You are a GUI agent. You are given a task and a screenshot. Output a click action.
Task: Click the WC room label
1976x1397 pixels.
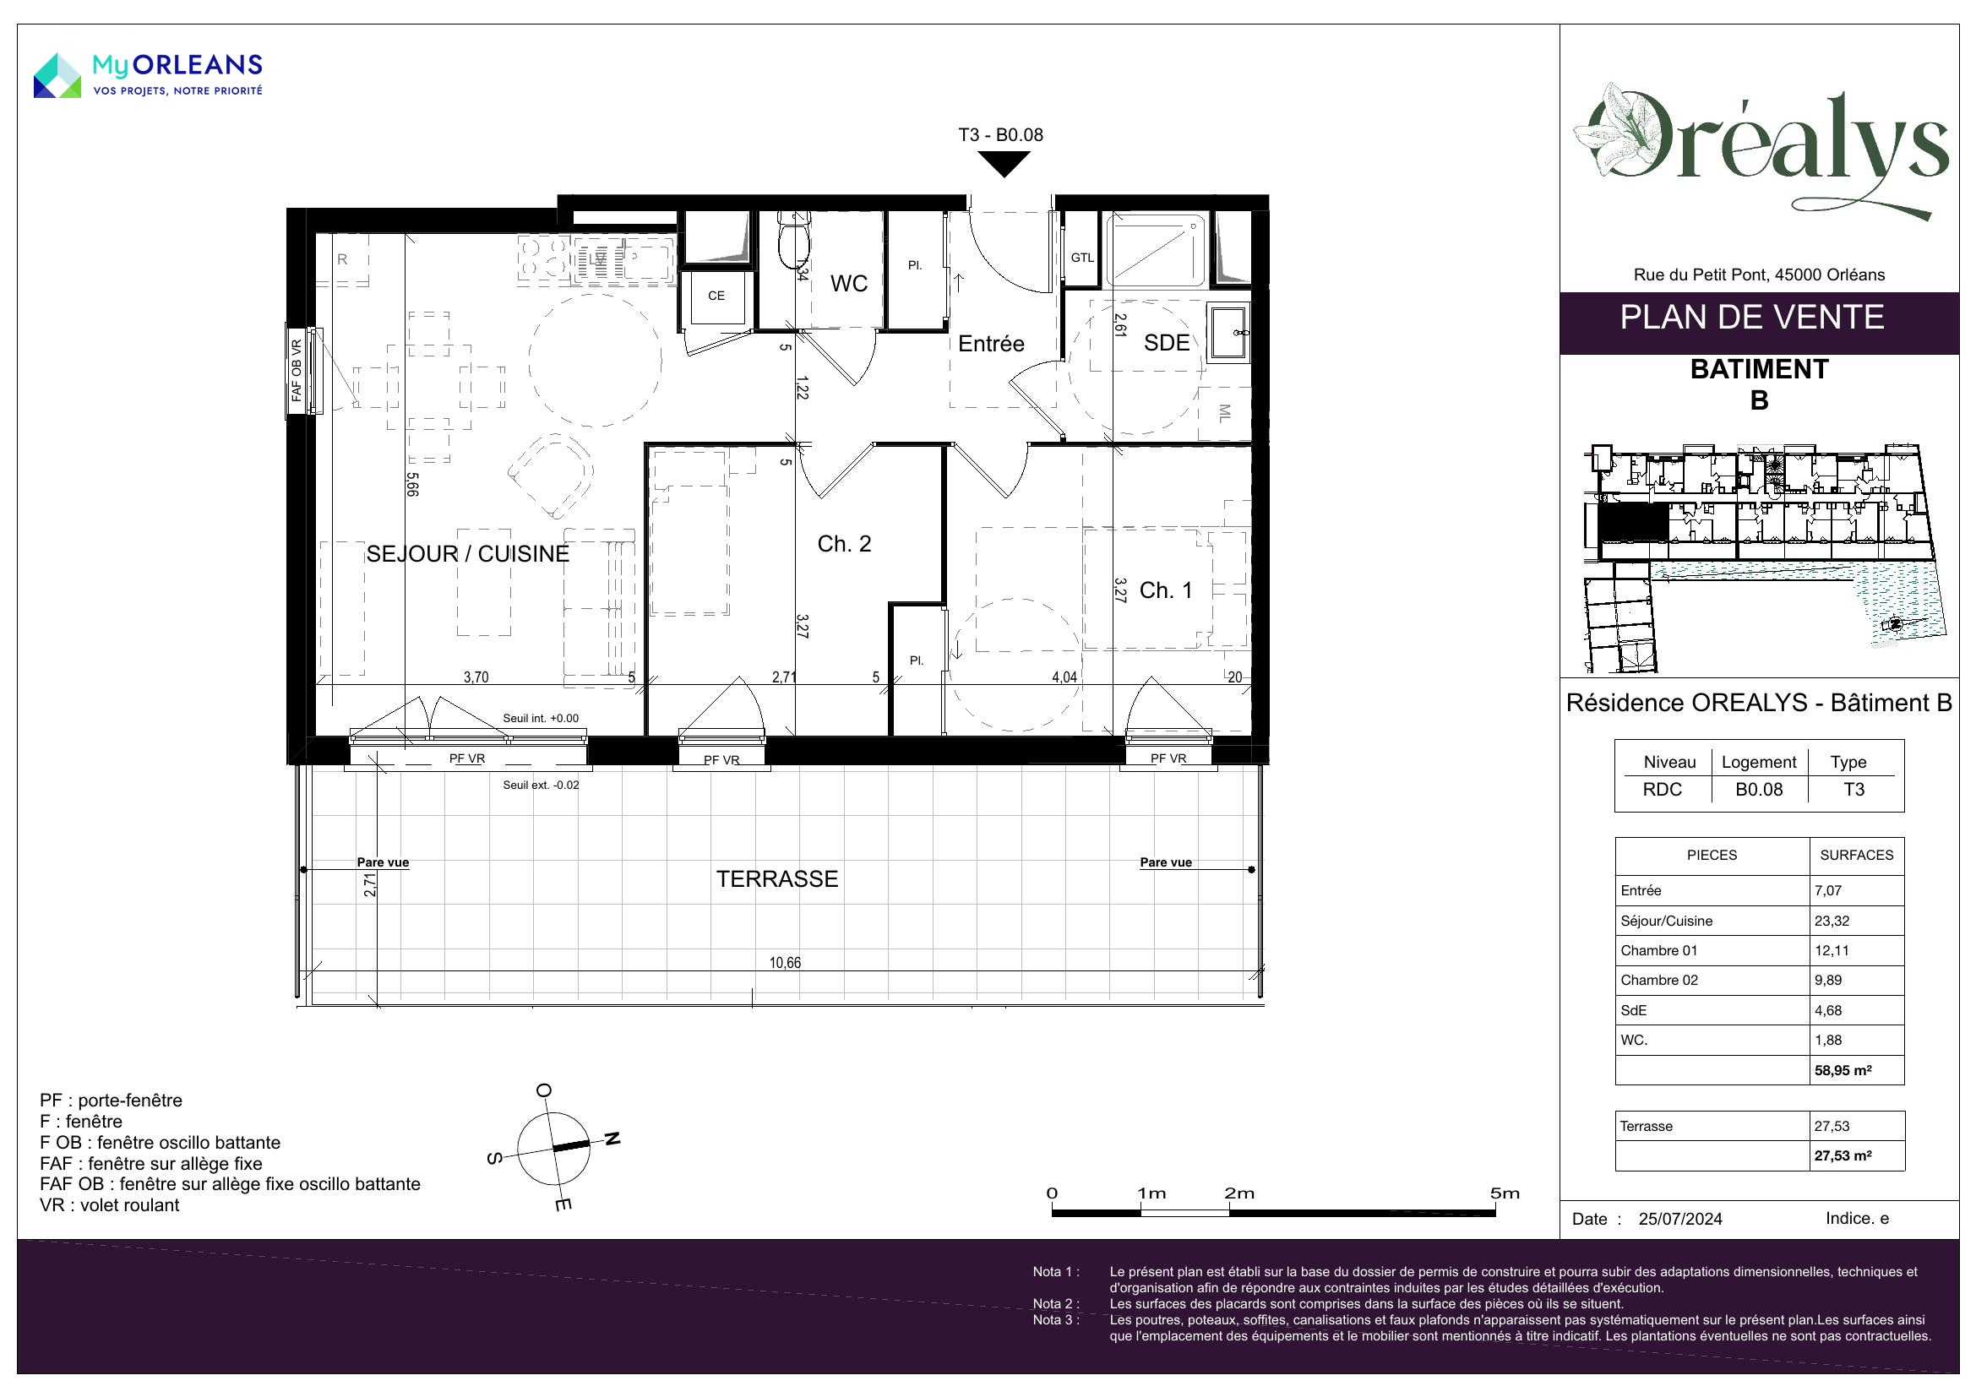[x=848, y=284]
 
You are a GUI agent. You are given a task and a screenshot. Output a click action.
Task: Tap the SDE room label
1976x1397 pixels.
[x=1166, y=343]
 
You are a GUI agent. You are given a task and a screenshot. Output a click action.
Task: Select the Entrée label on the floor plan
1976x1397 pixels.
[x=992, y=344]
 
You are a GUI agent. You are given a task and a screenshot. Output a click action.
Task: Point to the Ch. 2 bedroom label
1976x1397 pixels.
[x=844, y=544]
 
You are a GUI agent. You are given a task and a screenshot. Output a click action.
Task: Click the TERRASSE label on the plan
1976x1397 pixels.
[x=777, y=879]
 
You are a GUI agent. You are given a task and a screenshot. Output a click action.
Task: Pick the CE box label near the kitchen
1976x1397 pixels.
[x=716, y=296]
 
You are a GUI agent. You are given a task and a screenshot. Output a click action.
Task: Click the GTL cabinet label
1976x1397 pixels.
[x=1082, y=258]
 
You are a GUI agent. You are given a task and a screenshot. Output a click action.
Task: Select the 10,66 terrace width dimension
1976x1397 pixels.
[x=785, y=963]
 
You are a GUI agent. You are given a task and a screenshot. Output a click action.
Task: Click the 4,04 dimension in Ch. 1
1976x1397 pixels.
[x=1064, y=678]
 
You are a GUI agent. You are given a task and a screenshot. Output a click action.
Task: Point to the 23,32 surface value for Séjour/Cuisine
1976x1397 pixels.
[x=1832, y=921]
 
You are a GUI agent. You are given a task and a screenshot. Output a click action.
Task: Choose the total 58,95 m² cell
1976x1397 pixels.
[x=1843, y=1071]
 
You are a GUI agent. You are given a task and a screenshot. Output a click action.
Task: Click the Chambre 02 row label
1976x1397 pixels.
[x=1659, y=981]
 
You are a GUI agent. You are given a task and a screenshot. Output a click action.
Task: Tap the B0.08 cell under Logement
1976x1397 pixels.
[x=1759, y=790]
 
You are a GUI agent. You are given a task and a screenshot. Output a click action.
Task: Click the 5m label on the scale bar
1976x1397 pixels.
[x=1505, y=1193]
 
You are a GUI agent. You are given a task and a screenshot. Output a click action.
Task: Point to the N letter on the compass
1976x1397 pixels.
[x=612, y=1139]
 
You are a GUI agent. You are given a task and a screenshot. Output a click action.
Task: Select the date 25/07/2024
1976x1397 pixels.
[x=1681, y=1219]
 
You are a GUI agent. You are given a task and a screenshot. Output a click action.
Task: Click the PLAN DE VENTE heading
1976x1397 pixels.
[x=1752, y=318]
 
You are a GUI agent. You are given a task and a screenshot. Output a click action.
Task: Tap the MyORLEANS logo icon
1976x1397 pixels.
[x=57, y=75]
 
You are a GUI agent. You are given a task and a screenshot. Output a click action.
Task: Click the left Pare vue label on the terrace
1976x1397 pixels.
[x=383, y=862]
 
